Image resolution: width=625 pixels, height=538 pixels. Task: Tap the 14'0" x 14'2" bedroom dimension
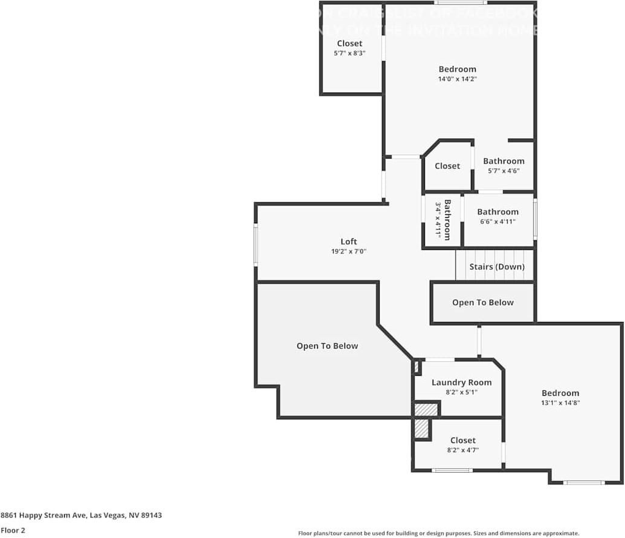[458, 79]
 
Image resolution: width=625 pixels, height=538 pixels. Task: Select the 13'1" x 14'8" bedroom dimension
[560, 403]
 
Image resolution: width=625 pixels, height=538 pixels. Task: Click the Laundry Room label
[461, 382]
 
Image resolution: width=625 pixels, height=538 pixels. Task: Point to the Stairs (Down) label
[497, 267]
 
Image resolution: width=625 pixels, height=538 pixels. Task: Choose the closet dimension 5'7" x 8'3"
[349, 53]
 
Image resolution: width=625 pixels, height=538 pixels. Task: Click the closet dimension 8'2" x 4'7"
[462, 450]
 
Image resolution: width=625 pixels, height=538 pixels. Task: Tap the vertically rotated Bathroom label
[447, 220]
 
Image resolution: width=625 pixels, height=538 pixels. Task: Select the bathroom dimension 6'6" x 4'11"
[497, 222]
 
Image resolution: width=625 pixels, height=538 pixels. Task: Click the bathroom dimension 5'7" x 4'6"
[504, 171]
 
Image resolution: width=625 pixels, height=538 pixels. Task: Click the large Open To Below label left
[327, 346]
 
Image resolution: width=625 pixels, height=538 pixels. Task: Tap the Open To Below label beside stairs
[483, 303]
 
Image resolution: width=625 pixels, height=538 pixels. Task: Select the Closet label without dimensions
[447, 166]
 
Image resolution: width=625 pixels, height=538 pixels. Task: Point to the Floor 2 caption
[13, 531]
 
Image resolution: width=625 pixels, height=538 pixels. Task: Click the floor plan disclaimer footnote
[438, 533]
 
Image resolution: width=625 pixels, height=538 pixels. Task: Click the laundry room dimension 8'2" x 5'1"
[461, 392]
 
